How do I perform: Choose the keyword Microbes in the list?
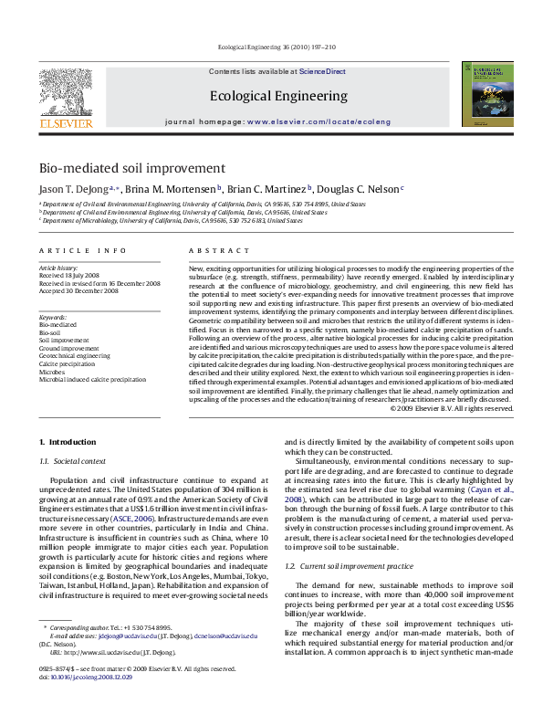(x=52, y=371)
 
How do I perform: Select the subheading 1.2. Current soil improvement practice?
(x=350, y=566)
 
